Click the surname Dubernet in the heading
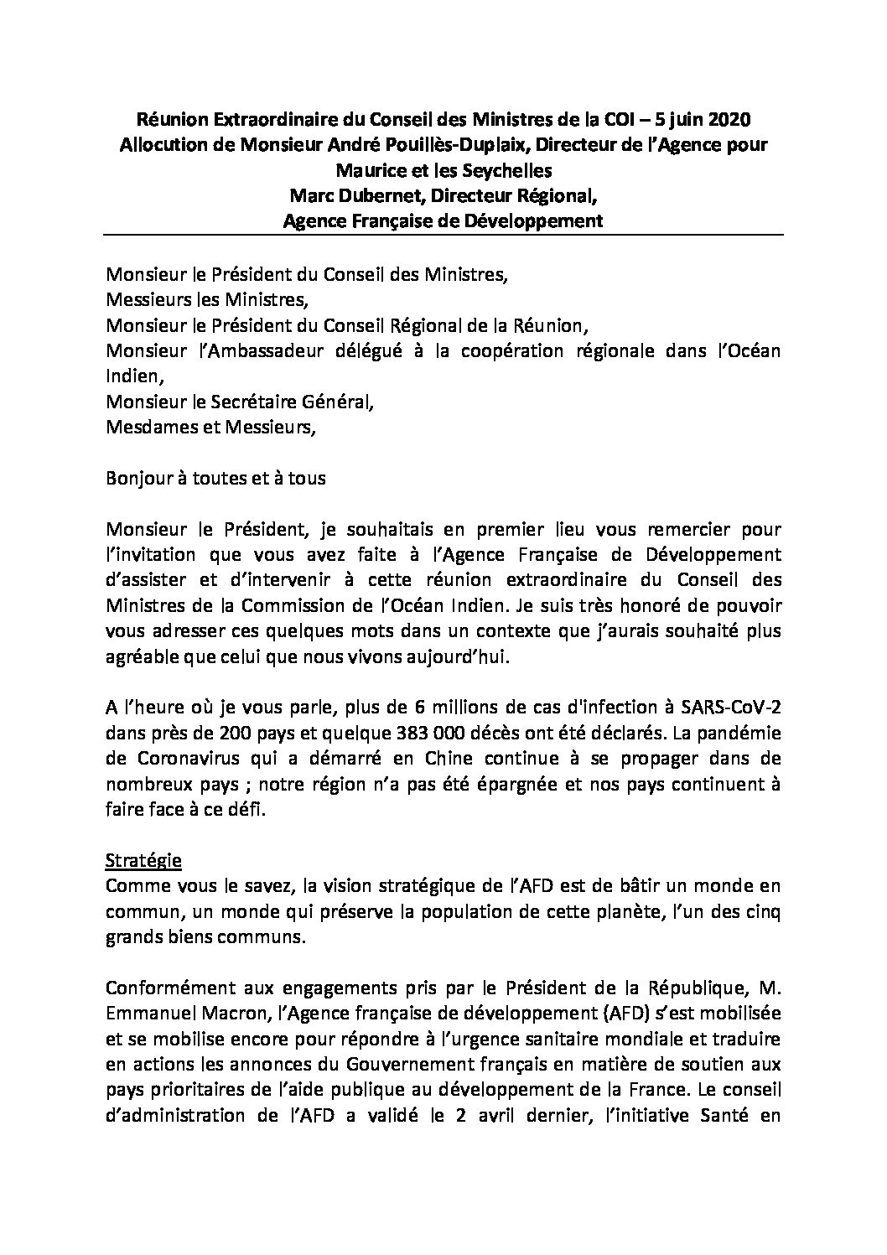(373, 196)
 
